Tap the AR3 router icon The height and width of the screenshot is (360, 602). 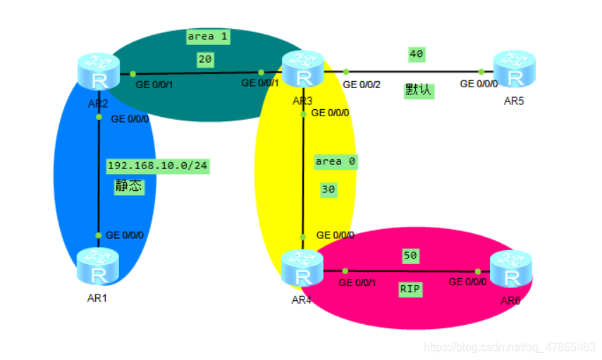click(x=303, y=70)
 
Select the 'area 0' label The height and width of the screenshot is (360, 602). click(x=335, y=161)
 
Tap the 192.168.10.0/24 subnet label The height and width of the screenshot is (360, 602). click(x=158, y=166)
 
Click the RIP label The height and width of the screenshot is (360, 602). click(x=410, y=289)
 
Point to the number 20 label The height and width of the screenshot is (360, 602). click(x=205, y=60)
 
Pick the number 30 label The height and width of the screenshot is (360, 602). click(x=328, y=190)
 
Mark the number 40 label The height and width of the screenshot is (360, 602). click(x=417, y=54)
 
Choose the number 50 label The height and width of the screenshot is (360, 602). click(x=410, y=255)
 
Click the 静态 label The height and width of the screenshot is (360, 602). click(x=128, y=186)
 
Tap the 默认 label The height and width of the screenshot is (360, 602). click(x=419, y=90)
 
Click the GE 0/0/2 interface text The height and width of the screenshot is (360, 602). click(x=362, y=85)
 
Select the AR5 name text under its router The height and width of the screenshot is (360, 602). click(x=514, y=101)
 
